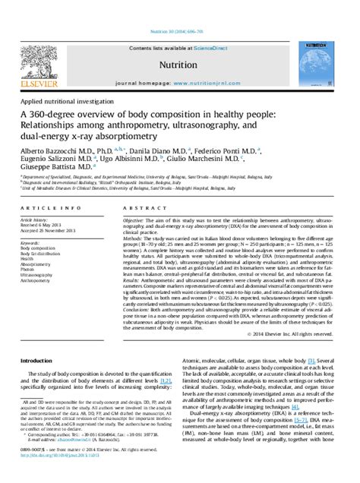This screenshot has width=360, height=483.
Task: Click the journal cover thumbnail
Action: point(324,55)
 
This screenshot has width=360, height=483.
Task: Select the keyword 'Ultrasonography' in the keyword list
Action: point(38,274)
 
